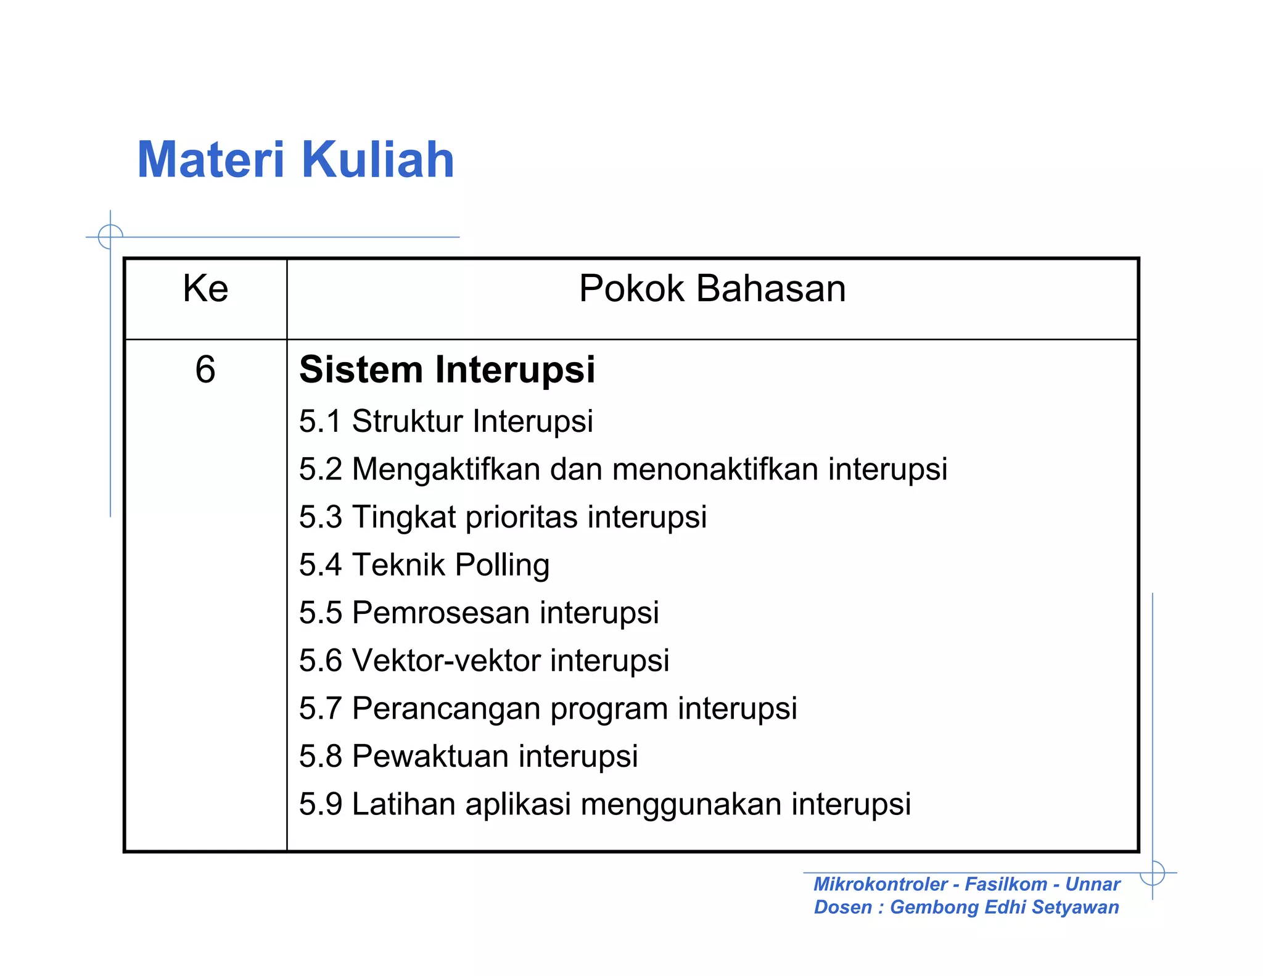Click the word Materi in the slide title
pos(210,160)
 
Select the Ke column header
pos(205,288)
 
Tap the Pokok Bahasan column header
pos(712,288)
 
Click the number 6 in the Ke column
pos(205,370)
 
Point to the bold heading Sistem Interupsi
pos(447,370)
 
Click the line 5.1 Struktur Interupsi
pos(446,421)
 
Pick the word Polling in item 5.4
pos(502,565)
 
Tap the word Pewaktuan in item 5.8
pos(430,756)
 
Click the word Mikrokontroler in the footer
pos(880,884)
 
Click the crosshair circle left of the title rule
pos(110,236)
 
